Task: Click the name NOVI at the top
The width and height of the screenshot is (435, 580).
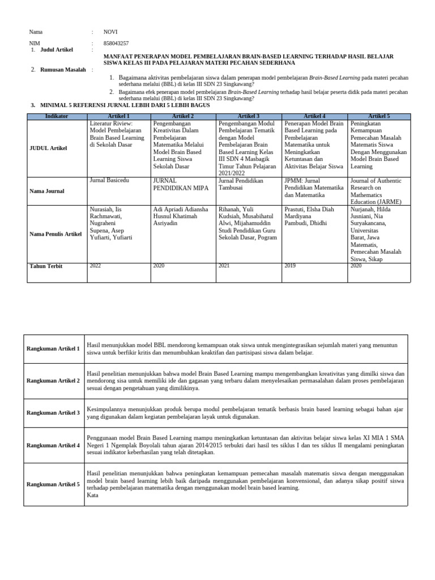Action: [x=110, y=32]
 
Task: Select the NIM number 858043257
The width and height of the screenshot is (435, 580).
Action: [x=116, y=43]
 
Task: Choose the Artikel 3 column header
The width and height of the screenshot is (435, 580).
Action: [x=249, y=116]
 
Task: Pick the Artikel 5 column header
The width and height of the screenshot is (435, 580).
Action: [x=379, y=116]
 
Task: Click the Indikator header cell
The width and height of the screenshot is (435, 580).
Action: [x=57, y=116]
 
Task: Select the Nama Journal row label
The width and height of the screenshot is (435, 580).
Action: [x=46, y=191]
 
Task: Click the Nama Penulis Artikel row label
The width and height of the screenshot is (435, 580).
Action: [x=56, y=233]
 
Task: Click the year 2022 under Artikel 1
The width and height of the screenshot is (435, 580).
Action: [x=95, y=265]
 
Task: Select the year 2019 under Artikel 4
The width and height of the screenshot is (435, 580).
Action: [x=290, y=265]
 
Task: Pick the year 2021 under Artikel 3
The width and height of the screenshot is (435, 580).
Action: [x=224, y=265]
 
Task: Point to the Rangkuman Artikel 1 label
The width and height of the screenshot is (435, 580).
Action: [x=53, y=348]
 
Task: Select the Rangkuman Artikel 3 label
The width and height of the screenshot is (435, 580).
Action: [x=53, y=412]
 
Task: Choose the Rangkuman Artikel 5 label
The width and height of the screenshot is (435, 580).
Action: [x=53, y=484]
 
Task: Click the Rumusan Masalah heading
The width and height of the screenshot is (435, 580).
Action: [x=63, y=70]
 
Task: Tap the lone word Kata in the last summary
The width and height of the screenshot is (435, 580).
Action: [x=93, y=495]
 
